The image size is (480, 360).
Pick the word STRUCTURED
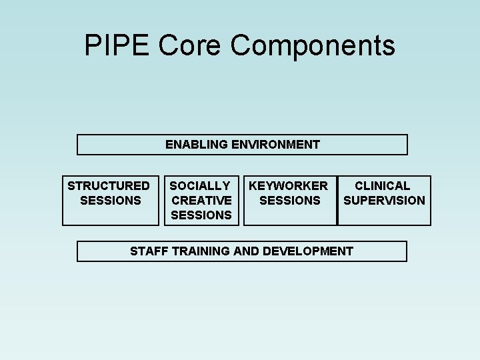click(x=109, y=185)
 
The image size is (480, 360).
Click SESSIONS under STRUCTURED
click(x=110, y=200)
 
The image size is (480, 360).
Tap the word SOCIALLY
click(x=200, y=185)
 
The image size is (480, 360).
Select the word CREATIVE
click(x=201, y=200)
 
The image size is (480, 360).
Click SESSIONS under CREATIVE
click(x=201, y=215)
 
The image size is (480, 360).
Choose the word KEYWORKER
click(x=289, y=185)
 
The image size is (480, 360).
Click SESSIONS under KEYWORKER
click(x=290, y=200)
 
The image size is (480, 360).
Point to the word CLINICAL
click(x=382, y=185)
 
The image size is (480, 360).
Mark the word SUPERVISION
click(x=384, y=200)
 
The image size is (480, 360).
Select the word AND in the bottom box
click(x=247, y=251)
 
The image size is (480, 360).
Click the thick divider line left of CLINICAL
click(x=337, y=201)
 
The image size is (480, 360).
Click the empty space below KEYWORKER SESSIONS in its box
click(x=290, y=216)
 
